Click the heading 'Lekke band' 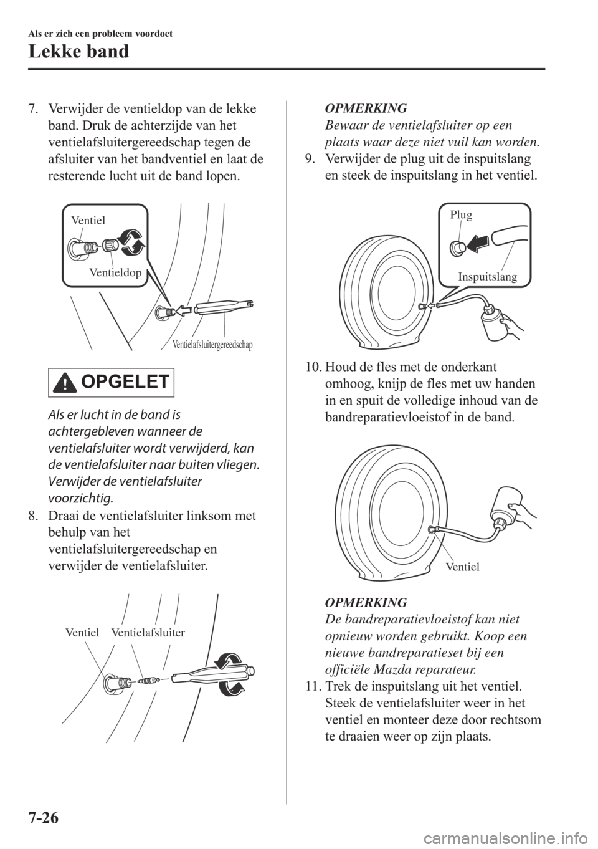point(78,52)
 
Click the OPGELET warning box point(111,382)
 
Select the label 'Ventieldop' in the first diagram point(115,272)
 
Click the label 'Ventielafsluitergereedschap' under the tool point(212,345)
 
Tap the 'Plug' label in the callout point(462,215)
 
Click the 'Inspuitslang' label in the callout point(487,277)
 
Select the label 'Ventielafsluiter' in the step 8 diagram point(148,633)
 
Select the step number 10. point(313,367)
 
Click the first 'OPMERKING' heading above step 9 point(366,108)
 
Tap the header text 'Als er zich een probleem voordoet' point(100,34)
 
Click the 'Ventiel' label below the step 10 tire point(462,567)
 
